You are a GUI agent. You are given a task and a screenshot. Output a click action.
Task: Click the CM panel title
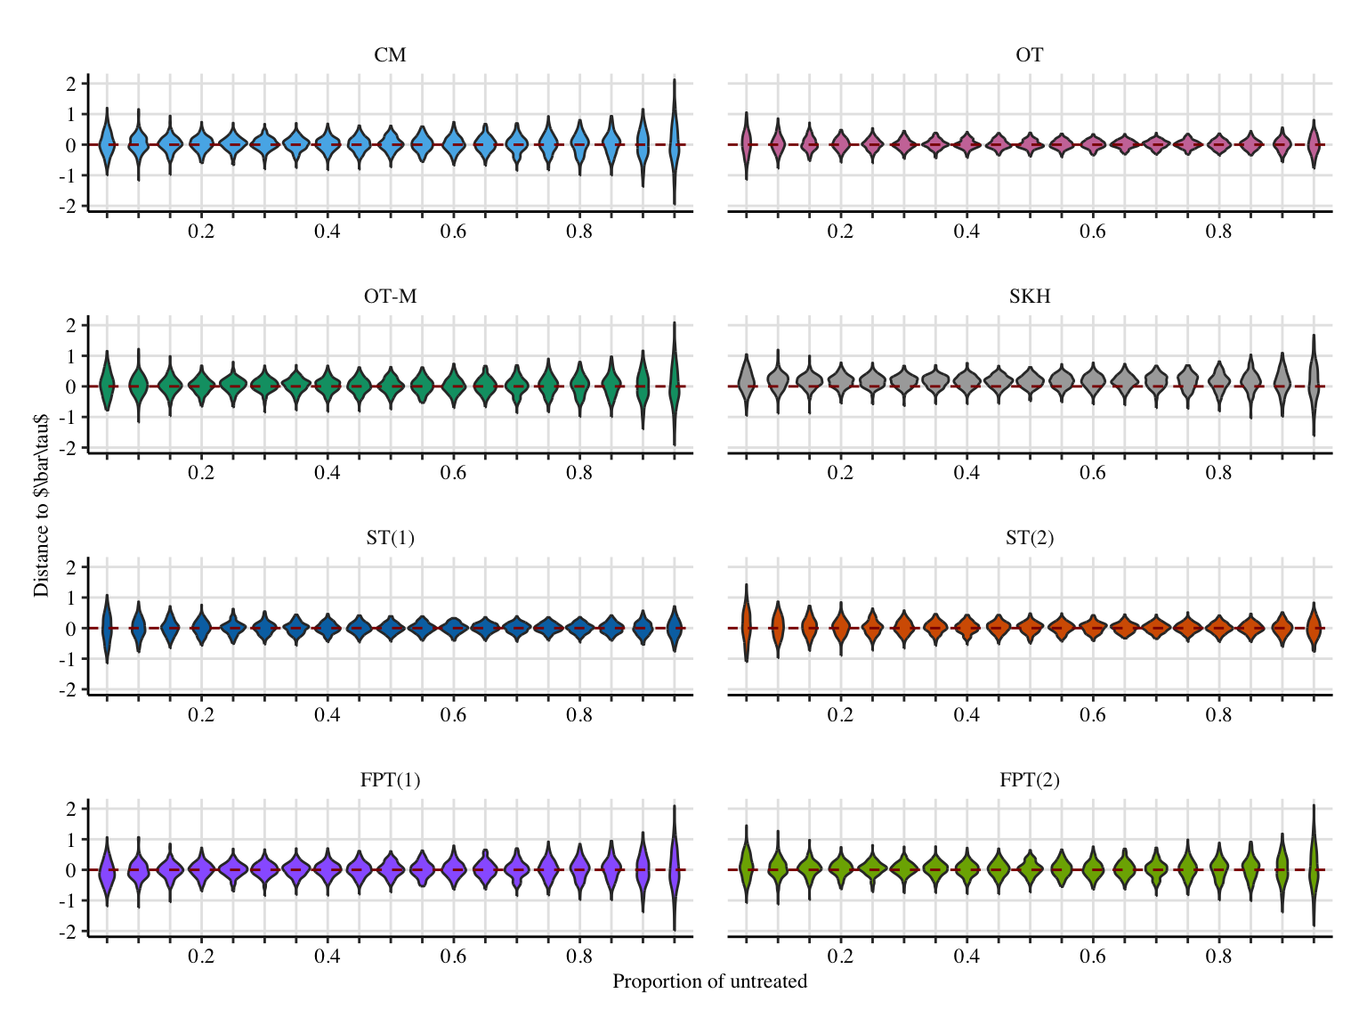[390, 55]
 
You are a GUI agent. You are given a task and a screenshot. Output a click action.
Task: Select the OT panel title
[1029, 55]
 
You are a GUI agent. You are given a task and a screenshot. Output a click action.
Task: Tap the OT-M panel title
[390, 297]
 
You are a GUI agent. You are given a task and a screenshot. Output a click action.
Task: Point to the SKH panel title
[1029, 297]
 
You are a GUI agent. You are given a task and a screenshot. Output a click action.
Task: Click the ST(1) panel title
[390, 539]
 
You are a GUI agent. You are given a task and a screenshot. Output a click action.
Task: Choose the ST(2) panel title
[1029, 539]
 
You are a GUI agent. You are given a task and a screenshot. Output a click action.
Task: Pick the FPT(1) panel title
[390, 781]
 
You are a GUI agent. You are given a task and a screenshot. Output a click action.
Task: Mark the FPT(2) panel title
[1029, 781]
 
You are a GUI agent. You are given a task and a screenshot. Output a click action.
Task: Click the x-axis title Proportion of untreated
[709, 981]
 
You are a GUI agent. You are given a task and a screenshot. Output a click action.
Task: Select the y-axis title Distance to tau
[41, 505]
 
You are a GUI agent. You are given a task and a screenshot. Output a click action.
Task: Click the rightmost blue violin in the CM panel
[675, 142]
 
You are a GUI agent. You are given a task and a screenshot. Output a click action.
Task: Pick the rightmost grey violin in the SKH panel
[1314, 383]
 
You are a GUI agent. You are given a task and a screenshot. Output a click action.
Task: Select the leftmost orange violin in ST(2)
[747, 623]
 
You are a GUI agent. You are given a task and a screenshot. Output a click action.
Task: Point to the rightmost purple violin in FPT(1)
[675, 868]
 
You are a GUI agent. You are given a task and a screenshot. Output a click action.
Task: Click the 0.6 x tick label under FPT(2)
[1092, 957]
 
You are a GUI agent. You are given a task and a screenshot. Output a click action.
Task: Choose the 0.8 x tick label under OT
[1218, 232]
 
